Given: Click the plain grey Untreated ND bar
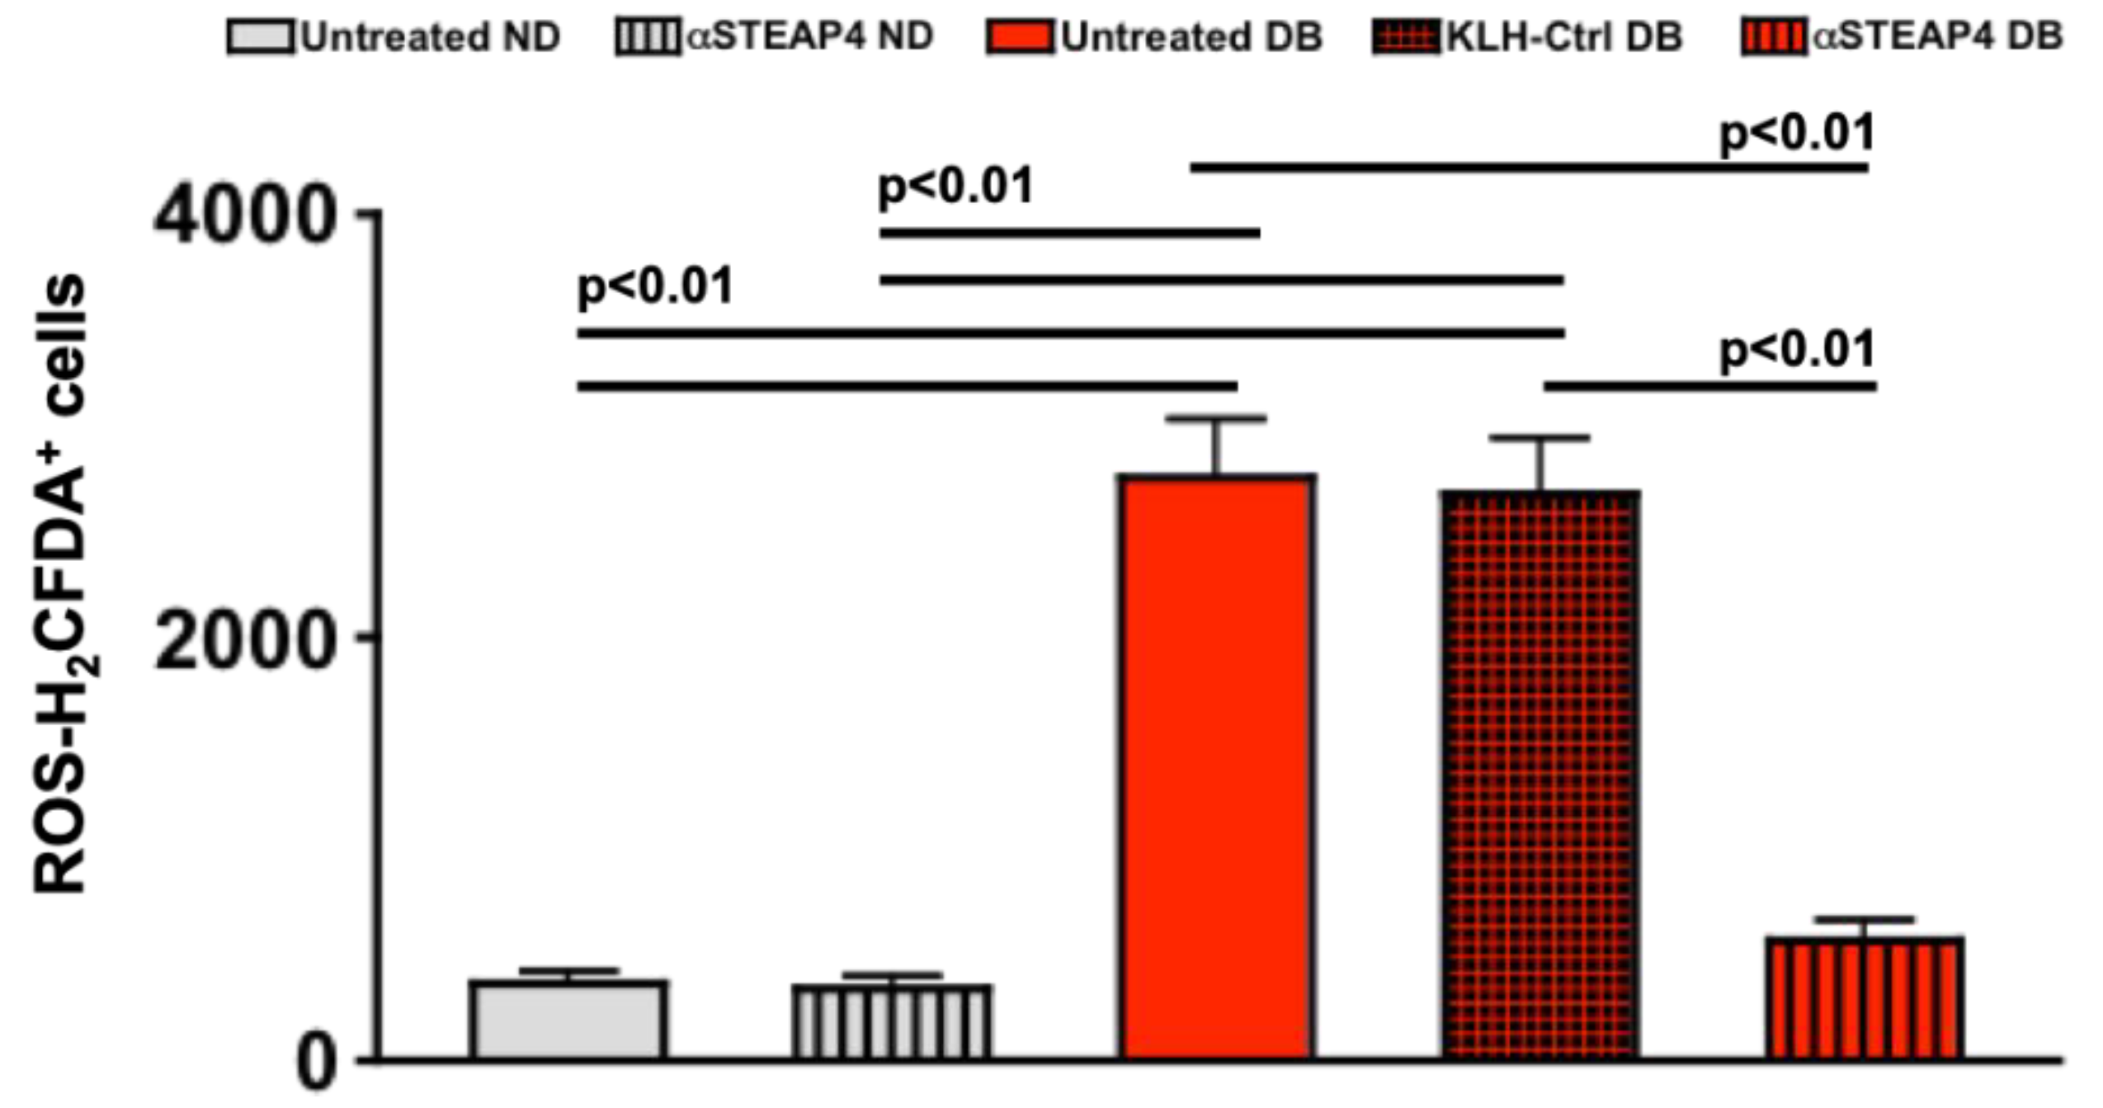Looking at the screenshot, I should pyautogui.click(x=568, y=1019).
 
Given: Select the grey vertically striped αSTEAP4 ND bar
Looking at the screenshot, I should pyautogui.click(x=892, y=1021).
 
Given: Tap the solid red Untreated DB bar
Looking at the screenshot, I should pyautogui.click(x=1216, y=767).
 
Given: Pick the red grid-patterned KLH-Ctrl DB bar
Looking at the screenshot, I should pyautogui.click(x=1540, y=776).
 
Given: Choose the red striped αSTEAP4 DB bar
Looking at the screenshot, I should pyautogui.click(x=1865, y=998).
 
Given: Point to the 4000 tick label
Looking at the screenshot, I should pyautogui.click(x=243, y=216).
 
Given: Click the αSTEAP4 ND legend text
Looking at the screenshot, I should pyautogui.click(x=809, y=36).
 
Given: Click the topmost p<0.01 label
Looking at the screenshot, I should pyautogui.click(x=1796, y=134).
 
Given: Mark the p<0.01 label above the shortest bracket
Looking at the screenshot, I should pyautogui.click(x=1796, y=350).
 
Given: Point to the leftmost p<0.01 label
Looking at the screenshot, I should pyautogui.click(x=655, y=286).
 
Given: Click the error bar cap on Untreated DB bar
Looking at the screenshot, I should pyautogui.click(x=1216, y=419).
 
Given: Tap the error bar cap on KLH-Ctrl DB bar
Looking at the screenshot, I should pyautogui.click(x=1540, y=437).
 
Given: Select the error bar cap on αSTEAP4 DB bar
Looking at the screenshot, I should pyautogui.click(x=1865, y=919).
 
